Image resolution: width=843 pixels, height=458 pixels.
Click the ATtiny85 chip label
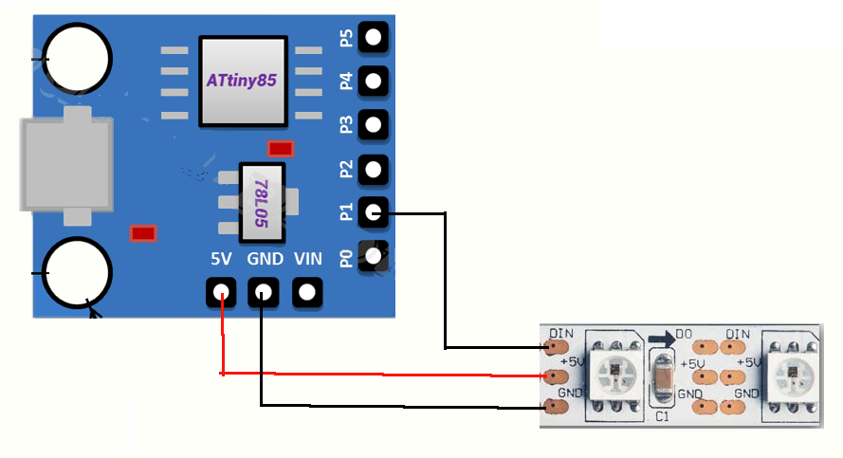tap(242, 82)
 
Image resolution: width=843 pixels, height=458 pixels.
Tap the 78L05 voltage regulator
tap(261, 201)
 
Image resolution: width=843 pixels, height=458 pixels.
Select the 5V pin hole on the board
tap(222, 293)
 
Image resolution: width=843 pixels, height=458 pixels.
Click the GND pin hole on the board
tap(263, 293)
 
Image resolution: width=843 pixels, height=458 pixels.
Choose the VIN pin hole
tap(306, 293)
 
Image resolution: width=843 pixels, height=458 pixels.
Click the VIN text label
tap(308, 259)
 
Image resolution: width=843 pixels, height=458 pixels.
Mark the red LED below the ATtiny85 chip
tap(281, 148)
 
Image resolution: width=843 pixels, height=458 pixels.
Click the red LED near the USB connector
tap(142, 233)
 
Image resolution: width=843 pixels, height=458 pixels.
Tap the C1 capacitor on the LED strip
tap(661, 379)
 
